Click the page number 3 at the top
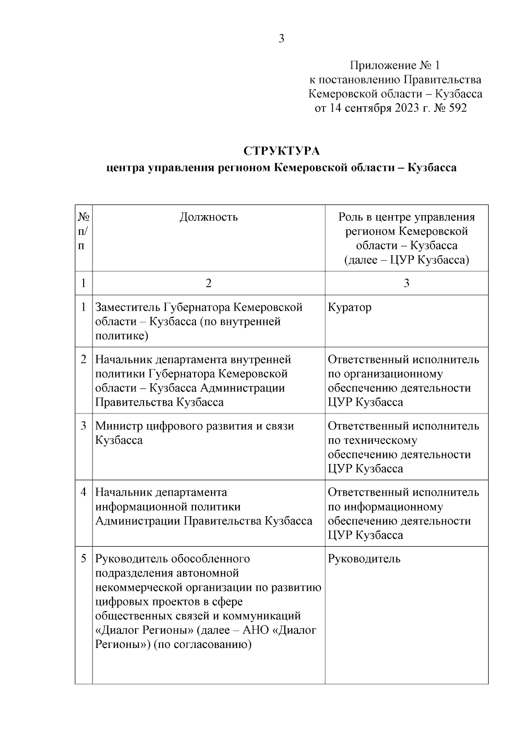click(281, 39)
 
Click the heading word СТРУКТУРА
click(282, 151)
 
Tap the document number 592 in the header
click(458, 108)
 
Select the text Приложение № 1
click(394, 66)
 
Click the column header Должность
click(209, 217)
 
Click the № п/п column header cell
click(83, 231)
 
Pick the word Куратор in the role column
click(349, 307)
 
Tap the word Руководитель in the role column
click(364, 559)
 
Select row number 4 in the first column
click(83, 492)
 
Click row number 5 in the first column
click(83, 559)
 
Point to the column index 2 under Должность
click(209, 283)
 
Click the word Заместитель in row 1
click(128, 307)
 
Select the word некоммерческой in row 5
click(140, 587)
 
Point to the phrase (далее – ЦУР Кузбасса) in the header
click(406, 260)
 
